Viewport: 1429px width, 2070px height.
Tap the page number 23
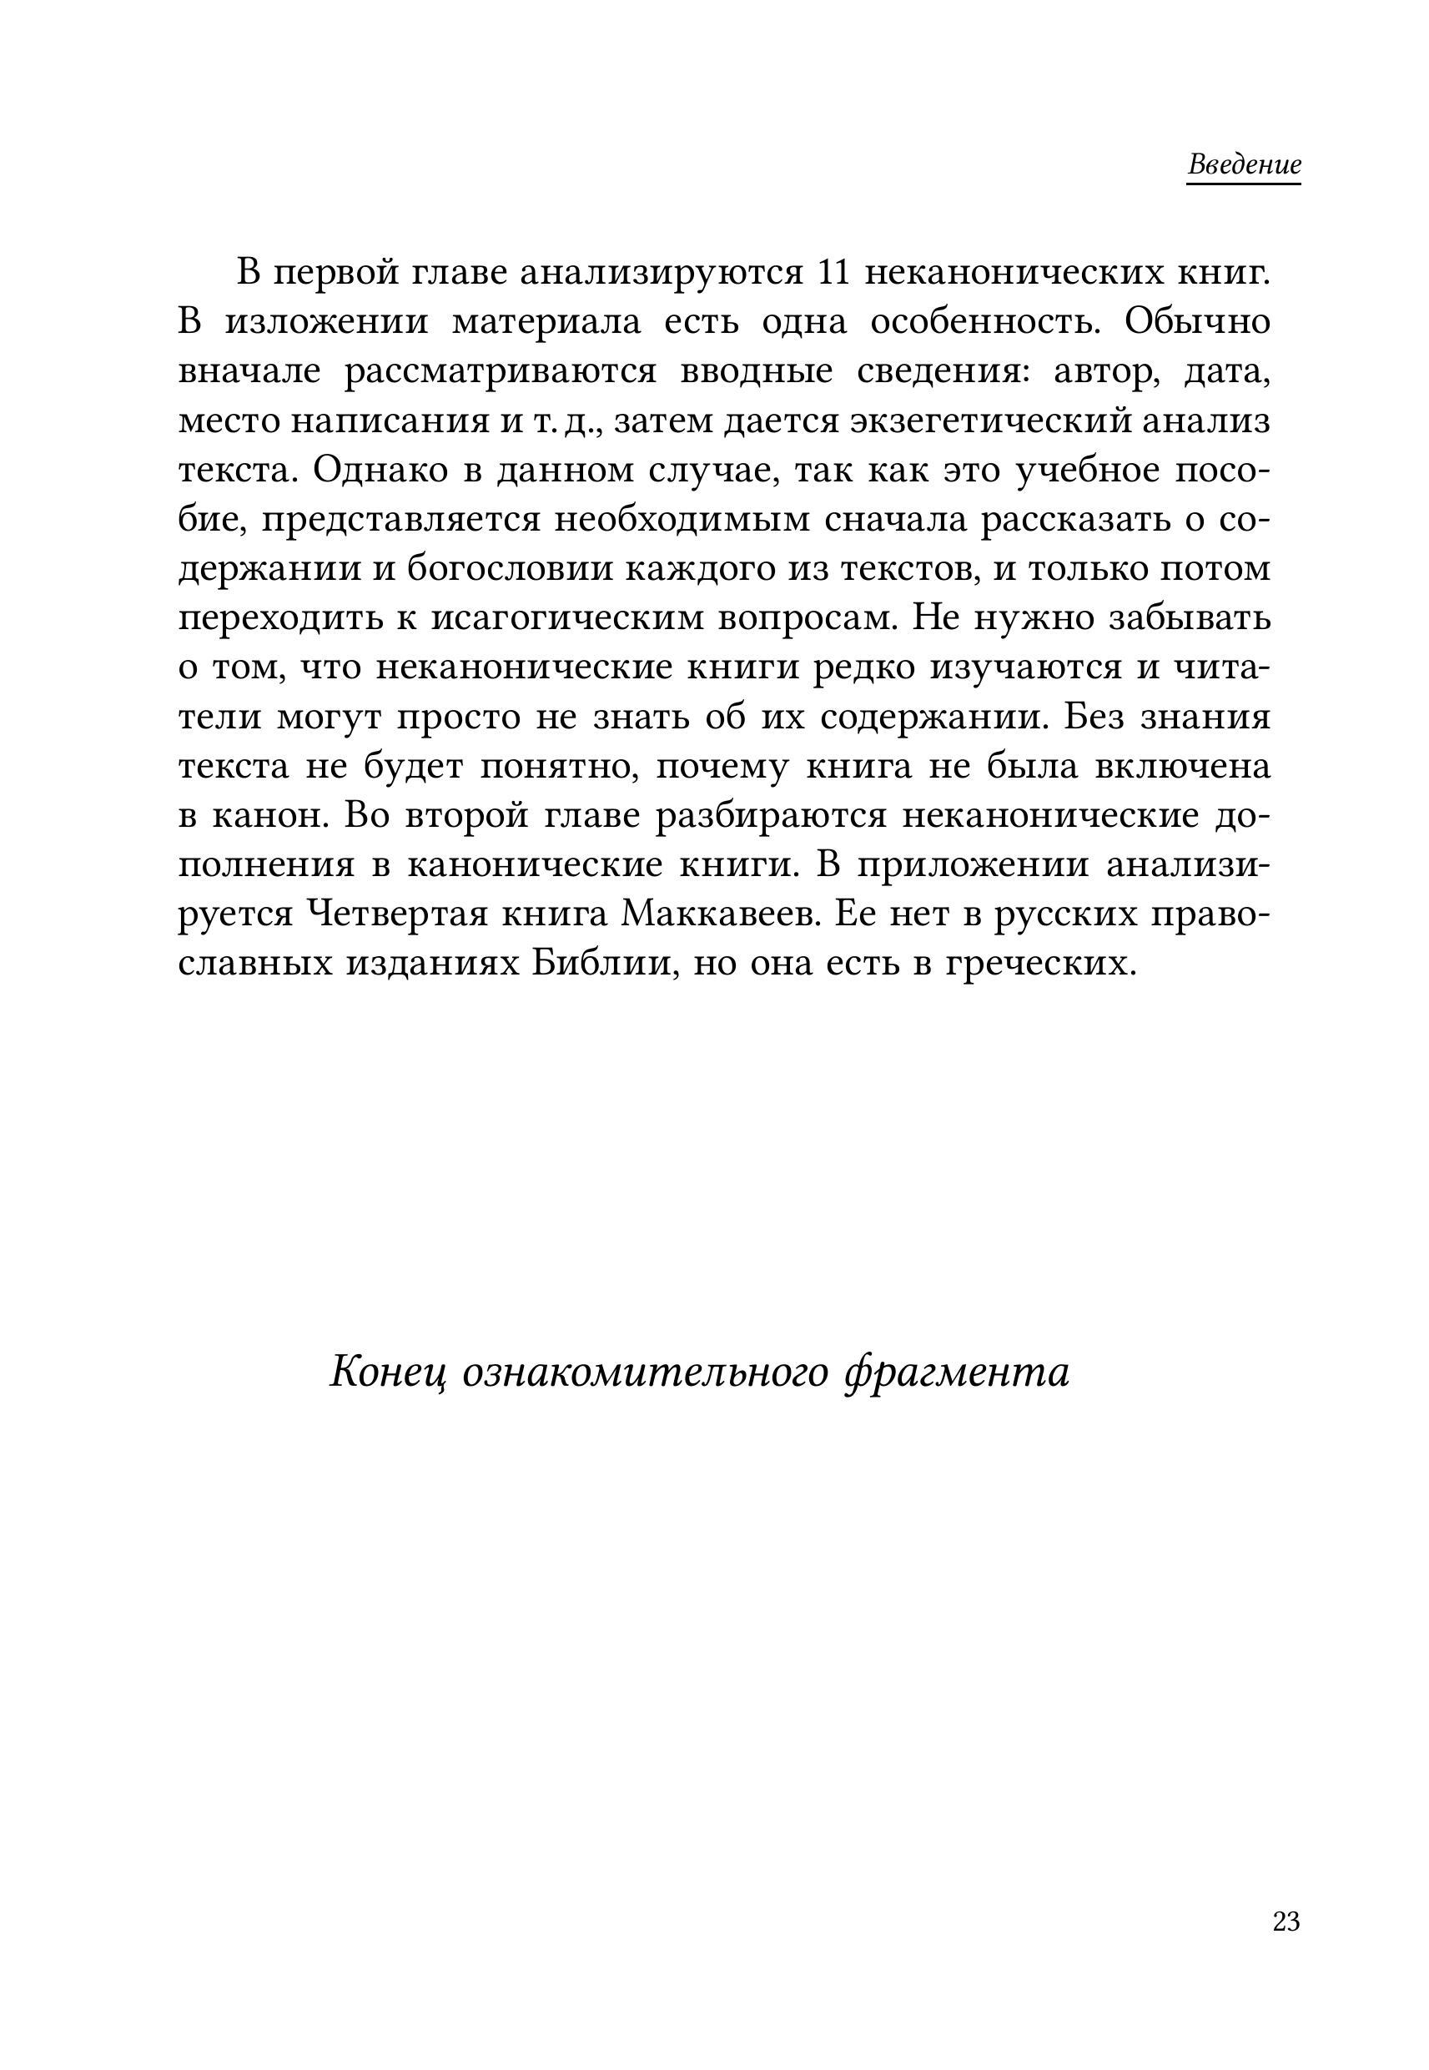click(x=1286, y=1921)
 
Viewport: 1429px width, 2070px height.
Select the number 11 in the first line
click(x=833, y=272)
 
